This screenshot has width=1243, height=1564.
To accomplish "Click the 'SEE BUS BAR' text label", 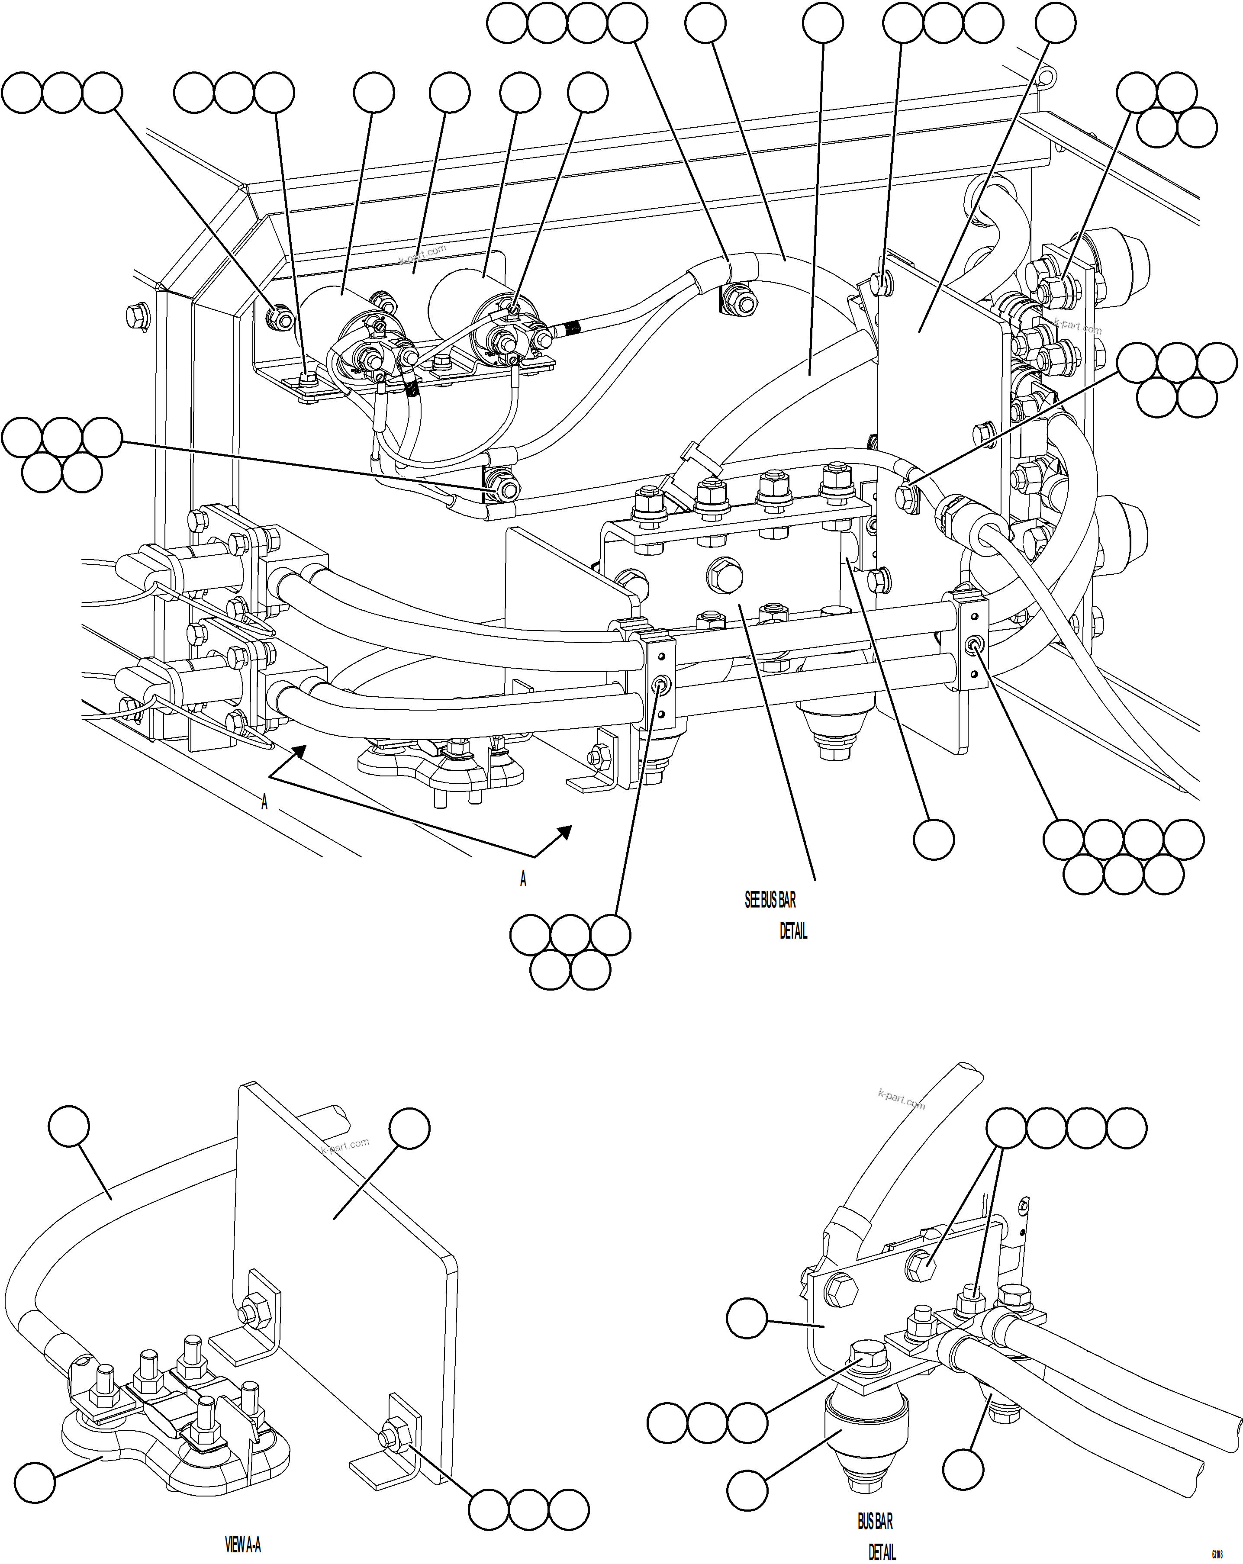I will click(x=770, y=900).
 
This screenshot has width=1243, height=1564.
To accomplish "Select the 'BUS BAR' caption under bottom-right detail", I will click(x=875, y=1521).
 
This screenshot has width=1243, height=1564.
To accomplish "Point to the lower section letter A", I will click(x=523, y=879).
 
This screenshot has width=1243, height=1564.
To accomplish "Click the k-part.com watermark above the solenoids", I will click(x=422, y=254).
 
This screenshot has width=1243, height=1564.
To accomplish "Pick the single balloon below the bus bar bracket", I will click(x=933, y=839).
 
